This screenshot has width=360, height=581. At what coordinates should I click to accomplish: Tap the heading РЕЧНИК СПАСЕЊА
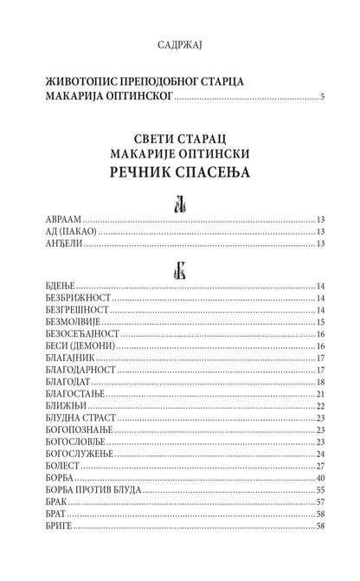(x=180, y=172)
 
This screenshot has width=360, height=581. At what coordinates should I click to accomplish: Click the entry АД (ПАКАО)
(x=69, y=232)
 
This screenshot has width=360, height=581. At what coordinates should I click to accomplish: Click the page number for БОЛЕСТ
(x=319, y=465)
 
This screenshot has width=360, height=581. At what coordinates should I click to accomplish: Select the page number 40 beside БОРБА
(x=319, y=477)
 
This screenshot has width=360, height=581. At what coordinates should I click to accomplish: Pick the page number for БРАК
(x=319, y=501)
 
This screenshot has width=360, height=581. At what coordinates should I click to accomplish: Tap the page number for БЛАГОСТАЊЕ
(x=319, y=394)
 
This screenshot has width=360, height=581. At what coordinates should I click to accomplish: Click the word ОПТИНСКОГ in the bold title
(x=134, y=94)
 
